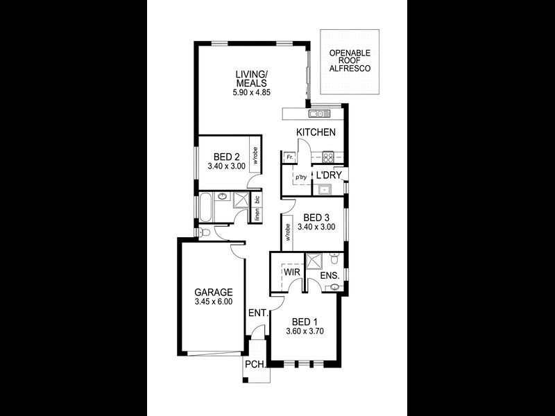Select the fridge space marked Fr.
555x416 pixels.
click(x=288, y=157)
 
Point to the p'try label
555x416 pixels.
click(x=301, y=177)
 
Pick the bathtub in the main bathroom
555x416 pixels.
click(x=206, y=207)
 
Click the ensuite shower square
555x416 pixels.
click(x=316, y=261)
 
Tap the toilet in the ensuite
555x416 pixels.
click(x=335, y=261)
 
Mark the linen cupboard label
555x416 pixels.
click(x=257, y=215)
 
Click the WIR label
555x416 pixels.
click(x=291, y=273)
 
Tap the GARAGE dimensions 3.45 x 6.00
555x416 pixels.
click(x=213, y=302)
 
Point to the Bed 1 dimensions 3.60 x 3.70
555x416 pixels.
click(x=305, y=332)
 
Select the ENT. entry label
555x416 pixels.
click(x=257, y=313)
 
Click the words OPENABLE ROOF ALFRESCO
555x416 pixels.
click(x=350, y=60)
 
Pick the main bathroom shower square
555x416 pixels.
click(x=239, y=201)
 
